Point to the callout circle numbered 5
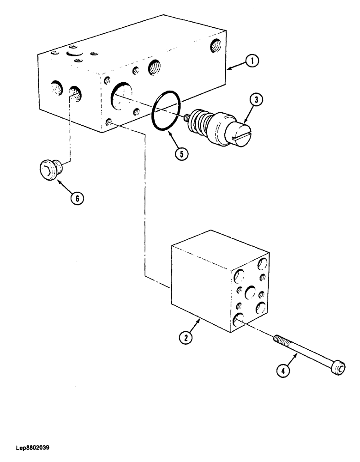click(x=181, y=154)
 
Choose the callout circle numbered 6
click(x=77, y=199)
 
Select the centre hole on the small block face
click(x=251, y=292)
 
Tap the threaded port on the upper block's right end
click(x=215, y=45)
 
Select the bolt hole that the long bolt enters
click(x=238, y=320)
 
